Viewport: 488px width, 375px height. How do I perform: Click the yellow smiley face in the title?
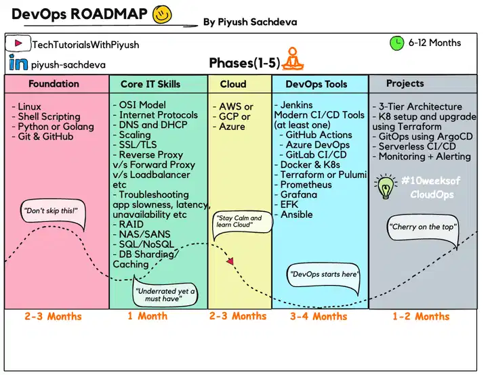[162, 15]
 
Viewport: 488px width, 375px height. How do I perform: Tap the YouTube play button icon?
[18, 43]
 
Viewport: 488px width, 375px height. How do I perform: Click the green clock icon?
[396, 43]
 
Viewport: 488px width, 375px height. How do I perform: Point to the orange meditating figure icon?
[292, 58]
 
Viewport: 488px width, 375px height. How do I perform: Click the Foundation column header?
[54, 84]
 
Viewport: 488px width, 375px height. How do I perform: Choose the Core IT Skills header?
[150, 84]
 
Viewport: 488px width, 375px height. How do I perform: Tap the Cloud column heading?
[233, 84]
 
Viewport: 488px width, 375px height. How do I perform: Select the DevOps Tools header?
[317, 84]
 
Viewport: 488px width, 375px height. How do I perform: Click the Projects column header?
[405, 83]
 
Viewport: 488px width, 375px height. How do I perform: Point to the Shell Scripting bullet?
[46, 116]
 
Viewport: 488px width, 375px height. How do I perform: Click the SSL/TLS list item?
[135, 145]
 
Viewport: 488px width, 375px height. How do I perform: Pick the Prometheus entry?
[303, 184]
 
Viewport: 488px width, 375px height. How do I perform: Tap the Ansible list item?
[293, 215]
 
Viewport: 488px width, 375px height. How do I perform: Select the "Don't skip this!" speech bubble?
[52, 213]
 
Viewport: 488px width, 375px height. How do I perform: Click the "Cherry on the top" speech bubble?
[423, 229]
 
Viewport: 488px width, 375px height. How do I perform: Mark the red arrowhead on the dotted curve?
[230, 261]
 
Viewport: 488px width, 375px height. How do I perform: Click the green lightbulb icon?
[385, 187]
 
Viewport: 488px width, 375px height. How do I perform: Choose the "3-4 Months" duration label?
[319, 316]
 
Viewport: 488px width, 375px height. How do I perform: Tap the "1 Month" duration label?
[148, 316]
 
